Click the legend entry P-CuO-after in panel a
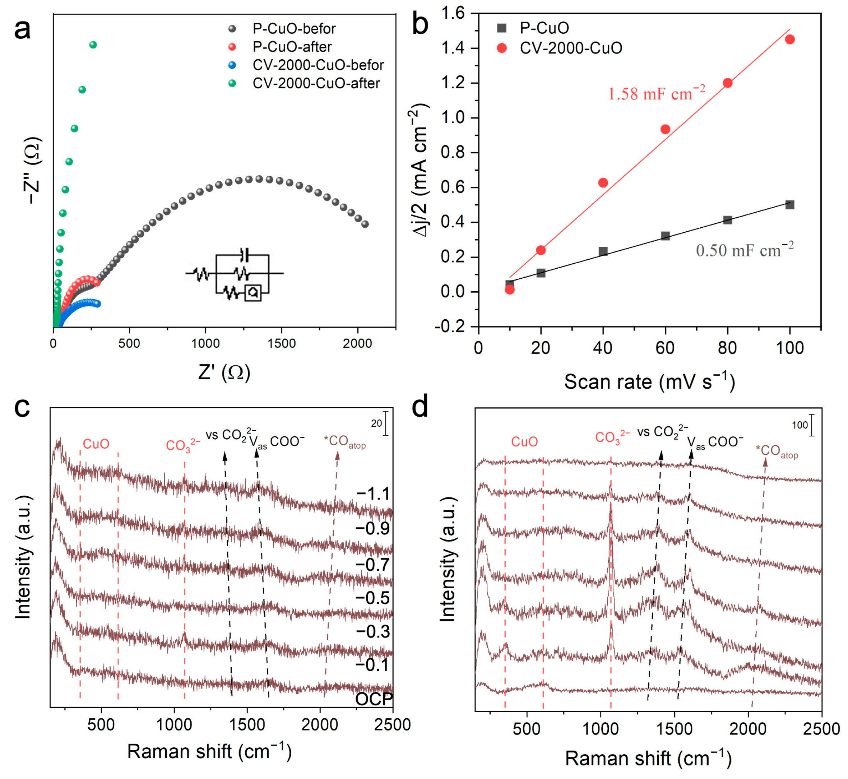(292, 46)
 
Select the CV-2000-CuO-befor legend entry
(318, 65)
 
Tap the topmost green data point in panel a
(93, 45)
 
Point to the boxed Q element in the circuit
(252, 293)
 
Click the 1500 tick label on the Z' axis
(282, 344)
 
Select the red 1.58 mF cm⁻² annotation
(656, 93)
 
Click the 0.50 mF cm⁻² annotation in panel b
(744, 250)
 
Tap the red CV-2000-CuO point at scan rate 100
(790, 39)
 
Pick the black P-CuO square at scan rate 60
(665, 236)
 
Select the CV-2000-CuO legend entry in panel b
(571, 48)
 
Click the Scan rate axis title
(649, 381)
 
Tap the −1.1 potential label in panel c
(374, 493)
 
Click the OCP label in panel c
(374, 699)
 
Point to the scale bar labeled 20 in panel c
(386, 423)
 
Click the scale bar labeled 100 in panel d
(812, 425)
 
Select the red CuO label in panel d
(524, 441)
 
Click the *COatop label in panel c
(344, 442)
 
